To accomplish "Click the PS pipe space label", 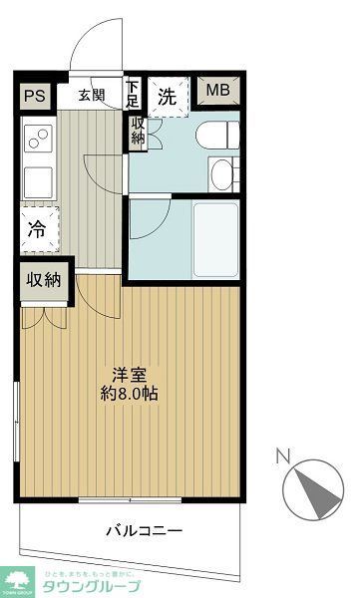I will point(34,96).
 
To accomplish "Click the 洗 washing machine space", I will point(169,97).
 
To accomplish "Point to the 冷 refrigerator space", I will point(36,228).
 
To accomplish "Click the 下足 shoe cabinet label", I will point(133,93).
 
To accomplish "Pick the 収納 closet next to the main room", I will point(44,280).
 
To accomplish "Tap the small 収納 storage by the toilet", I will point(137,132).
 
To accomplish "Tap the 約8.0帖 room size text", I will point(130,393).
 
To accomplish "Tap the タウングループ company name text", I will point(91,585).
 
